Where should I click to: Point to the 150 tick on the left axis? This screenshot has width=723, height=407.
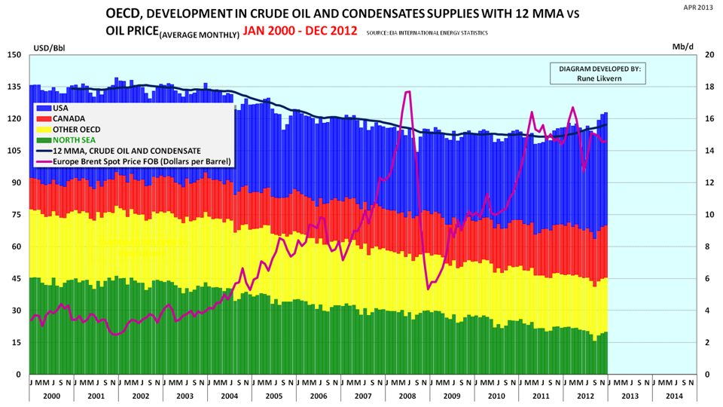(x=14, y=55)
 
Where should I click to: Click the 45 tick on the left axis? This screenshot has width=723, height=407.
(x=16, y=279)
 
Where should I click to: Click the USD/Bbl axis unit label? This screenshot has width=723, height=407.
(x=46, y=47)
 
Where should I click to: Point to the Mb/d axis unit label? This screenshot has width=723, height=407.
(x=682, y=47)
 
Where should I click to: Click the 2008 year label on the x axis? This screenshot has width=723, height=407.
(x=407, y=396)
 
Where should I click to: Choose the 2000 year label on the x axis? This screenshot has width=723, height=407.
(x=51, y=396)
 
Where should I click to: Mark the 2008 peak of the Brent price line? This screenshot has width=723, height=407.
(x=407, y=92)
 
